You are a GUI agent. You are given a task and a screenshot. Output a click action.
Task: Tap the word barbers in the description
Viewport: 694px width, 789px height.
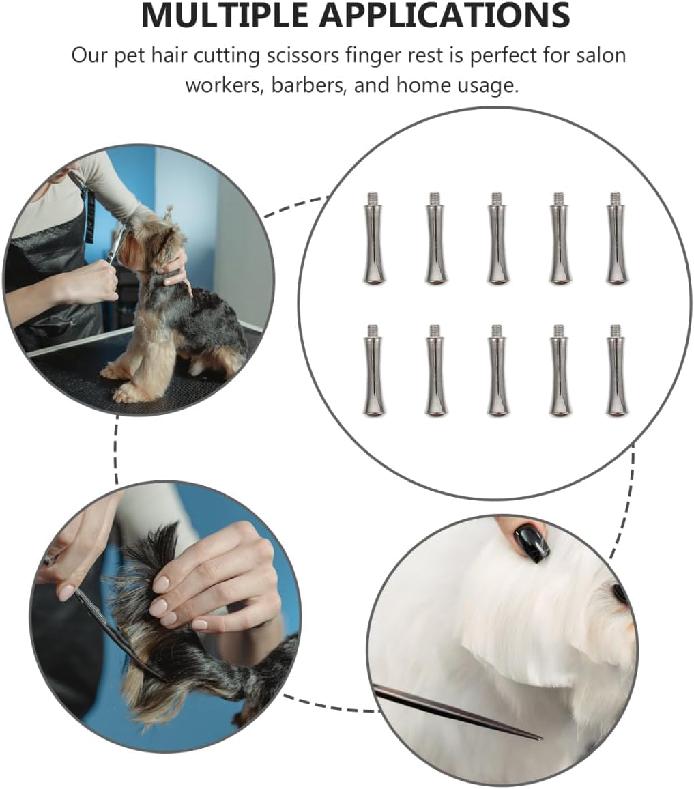[308, 85]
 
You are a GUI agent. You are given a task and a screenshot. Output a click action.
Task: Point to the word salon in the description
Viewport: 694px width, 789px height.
[601, 55]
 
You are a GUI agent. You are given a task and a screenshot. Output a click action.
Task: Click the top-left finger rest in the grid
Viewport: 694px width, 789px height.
[374, 238]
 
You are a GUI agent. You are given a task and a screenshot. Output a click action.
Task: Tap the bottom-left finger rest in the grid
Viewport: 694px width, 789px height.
[374, 371]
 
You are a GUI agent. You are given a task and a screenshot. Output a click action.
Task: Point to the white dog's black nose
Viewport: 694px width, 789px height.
[620, 594]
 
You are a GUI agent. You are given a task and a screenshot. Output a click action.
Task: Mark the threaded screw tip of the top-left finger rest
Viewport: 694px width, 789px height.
[373, 198]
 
